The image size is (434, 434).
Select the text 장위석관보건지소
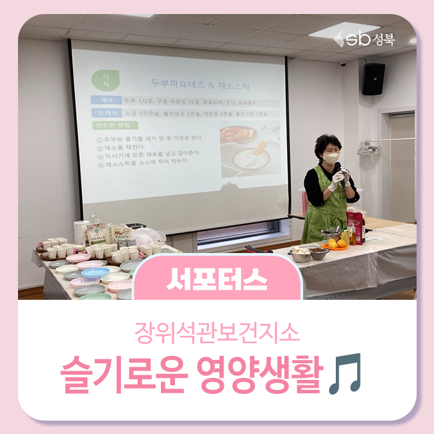(x=217, y=331)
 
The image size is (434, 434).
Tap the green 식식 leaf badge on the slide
(x=105, y=78)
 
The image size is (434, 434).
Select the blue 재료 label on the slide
(x=107, y=100)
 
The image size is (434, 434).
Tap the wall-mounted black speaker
(x=373, y=79)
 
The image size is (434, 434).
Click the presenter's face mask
(x=331, y=159)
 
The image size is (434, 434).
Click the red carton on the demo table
(x=356, y=227)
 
